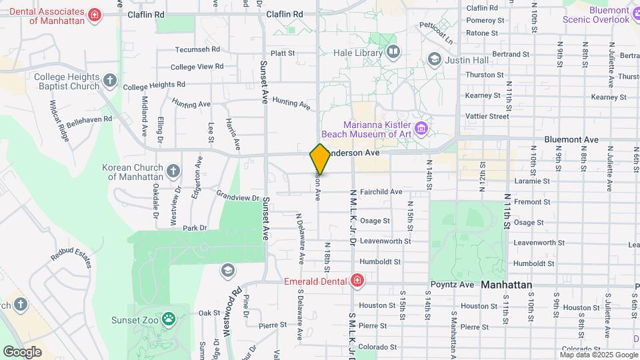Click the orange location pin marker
coord(320,159)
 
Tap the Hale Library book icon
coord(393,51)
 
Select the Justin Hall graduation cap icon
coord(435,60)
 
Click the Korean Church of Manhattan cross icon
coord(173,171)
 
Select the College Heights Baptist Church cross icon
coord(110,81)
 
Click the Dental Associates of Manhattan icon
coord(95,15)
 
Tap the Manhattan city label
coord(506,285)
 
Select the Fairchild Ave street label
coord(381,192)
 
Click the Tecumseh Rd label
coord(197,49)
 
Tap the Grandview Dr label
coord(237,197)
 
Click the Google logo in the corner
coord(22,351)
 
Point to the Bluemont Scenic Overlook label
coord(596,15)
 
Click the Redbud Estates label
coord(71,257)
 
